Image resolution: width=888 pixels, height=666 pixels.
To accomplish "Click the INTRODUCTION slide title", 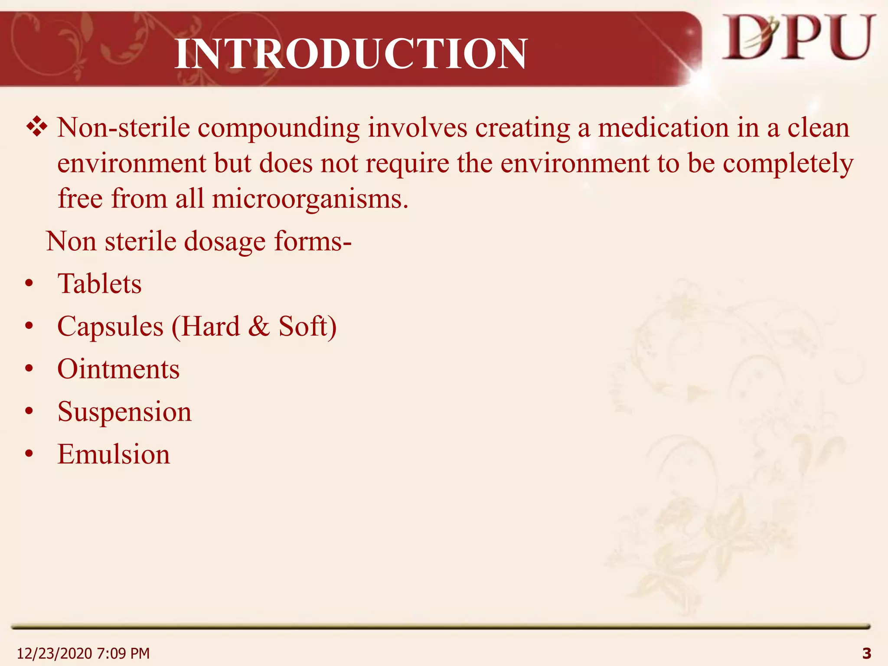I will [x=351, y=54].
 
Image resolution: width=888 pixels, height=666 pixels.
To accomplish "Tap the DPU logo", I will [x=798, y=38].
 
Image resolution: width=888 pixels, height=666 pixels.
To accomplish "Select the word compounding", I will [x=279, y=129].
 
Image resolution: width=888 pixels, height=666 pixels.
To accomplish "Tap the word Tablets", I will [x=99, y=284].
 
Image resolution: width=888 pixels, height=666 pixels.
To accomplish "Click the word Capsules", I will [x=111, y=327].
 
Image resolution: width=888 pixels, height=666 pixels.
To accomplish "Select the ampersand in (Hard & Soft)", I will [x=259, y=326].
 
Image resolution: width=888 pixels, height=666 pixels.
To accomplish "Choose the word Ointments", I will [x=118, y=369].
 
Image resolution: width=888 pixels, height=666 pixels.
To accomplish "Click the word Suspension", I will [x=124, y=412].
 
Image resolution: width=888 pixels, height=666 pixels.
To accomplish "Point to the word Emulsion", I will [x=114, y=454].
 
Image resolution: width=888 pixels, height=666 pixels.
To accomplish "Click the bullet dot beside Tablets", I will [x=29, y=284].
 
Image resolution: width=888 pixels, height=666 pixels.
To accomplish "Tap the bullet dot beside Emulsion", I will [x=29, y=454].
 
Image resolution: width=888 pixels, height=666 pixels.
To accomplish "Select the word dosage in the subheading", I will [x=225, y=242].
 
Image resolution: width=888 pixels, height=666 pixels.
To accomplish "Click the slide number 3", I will [x=867, y=653].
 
